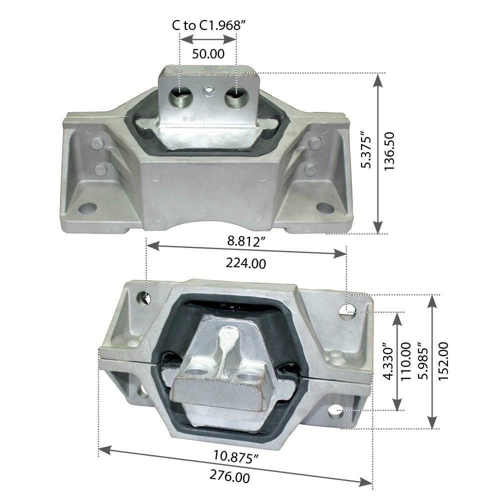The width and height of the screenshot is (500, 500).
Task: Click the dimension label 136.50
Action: (x=390, y=151)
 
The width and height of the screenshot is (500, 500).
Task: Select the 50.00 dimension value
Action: (x=208, y=54)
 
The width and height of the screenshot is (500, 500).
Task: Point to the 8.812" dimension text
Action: (x=245, y=242)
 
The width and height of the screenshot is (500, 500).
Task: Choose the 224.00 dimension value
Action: (x=245, y=263)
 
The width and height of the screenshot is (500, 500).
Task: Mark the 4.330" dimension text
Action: (x=385, y=361)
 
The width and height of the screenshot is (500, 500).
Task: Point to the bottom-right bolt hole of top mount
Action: (x=324, y=207)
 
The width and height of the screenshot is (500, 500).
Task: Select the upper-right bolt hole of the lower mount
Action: (x=347, y=311)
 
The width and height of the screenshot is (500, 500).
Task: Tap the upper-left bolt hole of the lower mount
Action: (x=146, y=298)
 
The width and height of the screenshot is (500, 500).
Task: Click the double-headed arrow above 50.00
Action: (x=208, y=39)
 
